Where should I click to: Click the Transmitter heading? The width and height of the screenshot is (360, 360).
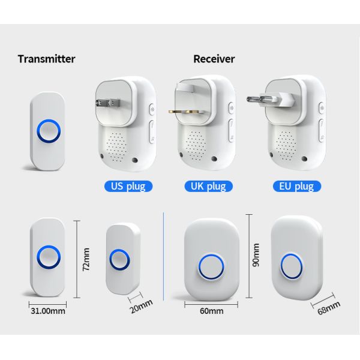click(46, 59)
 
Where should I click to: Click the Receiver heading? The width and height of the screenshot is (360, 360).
click(214, 59)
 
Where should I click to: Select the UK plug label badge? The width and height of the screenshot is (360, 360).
click(208, 186)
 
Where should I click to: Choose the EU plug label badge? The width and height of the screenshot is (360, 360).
click(296, 186)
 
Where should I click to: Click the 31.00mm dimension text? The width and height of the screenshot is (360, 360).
click(48, 310)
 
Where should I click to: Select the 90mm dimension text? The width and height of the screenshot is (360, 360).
click(256, 255)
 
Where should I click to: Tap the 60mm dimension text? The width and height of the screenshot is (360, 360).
click(211, 311)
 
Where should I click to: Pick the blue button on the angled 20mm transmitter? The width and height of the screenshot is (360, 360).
click(120, 260)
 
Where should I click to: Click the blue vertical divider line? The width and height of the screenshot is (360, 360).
click(164, 258)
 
